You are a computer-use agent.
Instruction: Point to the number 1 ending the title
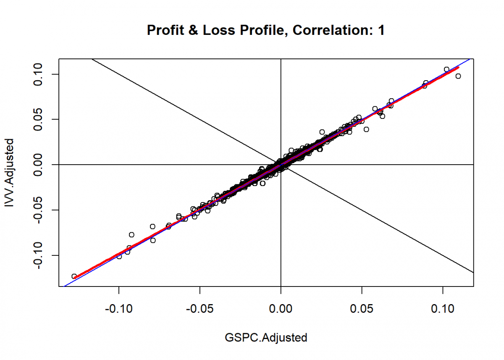381,30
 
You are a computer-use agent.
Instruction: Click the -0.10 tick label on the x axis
119,309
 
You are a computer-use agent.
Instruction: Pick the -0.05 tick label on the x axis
200,309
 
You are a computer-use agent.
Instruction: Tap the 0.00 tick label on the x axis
281,309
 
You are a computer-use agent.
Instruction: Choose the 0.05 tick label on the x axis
362,309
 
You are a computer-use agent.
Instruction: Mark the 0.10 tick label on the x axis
443,309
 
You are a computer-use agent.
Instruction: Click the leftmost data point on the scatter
74,276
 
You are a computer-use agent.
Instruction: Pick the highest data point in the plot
446,69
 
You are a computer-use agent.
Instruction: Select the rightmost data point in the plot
458,76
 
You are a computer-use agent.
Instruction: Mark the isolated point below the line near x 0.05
366,129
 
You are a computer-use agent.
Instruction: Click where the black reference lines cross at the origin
281,165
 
